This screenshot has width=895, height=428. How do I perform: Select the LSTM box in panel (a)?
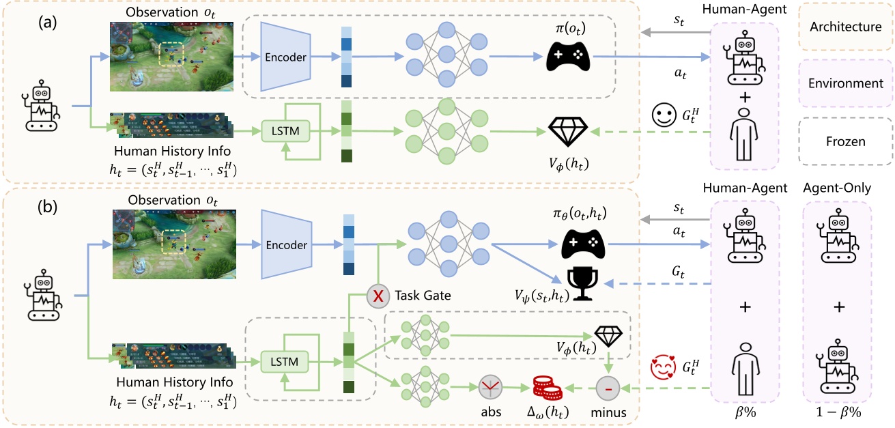285,128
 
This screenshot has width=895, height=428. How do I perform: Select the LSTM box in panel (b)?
285,359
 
